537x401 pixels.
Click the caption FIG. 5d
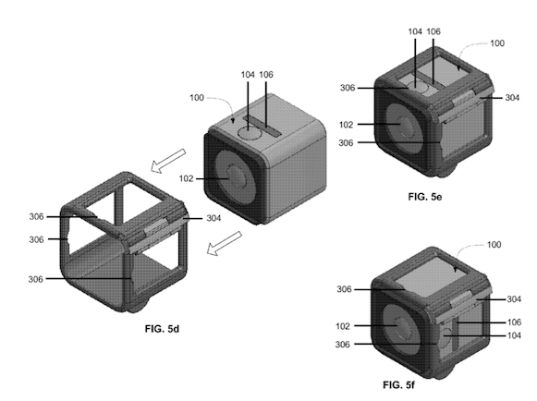162,329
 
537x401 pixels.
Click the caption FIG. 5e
424,197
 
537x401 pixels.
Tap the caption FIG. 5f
398,385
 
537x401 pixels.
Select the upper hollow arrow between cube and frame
168,161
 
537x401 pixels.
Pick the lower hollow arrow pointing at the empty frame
225,243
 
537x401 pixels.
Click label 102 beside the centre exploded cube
186,178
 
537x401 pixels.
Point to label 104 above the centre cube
248,75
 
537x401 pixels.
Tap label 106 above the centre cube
266,75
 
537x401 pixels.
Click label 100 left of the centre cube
197,98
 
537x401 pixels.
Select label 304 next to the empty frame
214,218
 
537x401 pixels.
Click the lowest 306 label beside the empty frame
36,279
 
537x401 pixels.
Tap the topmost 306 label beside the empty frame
36,216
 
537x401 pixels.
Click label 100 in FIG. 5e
497,43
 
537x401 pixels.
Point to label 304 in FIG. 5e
512,98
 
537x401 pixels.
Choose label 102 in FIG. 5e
346,125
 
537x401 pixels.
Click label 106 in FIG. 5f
514,322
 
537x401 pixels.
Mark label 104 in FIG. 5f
514,335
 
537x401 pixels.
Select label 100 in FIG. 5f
494,245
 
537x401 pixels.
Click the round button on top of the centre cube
250,132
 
